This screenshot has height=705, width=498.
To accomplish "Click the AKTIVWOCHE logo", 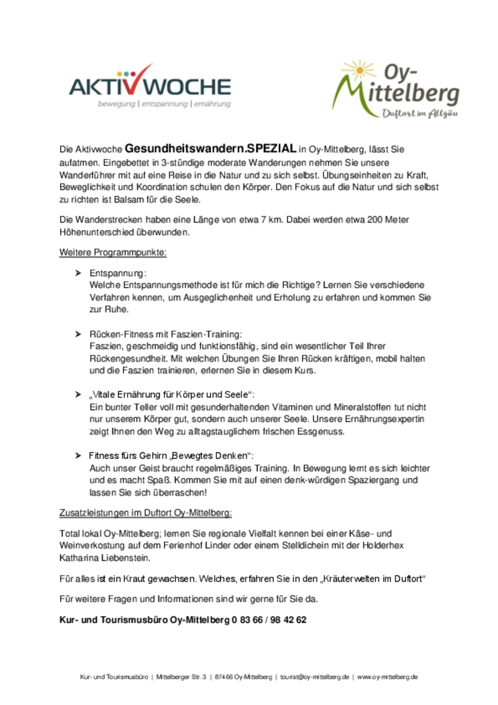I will click(150, 86).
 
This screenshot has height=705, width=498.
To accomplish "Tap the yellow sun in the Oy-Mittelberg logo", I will click(360, 70).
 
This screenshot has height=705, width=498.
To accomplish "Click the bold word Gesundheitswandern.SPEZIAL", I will click(210, 149).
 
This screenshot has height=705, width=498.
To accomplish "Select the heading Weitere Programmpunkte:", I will click(113, 253).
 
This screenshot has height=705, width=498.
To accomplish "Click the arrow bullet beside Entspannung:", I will click(78, 273).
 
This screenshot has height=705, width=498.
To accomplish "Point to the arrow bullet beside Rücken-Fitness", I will click(78, 334).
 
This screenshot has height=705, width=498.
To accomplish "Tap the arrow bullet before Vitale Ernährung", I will click(78, 394).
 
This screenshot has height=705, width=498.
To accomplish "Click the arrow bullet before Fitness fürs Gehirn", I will click(78, 456).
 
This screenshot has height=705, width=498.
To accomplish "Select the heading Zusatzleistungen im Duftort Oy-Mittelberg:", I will click(145, 513).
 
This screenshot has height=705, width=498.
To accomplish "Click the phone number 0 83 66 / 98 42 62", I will click(269, 620).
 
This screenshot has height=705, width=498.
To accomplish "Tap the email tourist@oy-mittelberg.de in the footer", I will click(314, 677).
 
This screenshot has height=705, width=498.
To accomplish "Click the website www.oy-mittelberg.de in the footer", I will click(387, 677).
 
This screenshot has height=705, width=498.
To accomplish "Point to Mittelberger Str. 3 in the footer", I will click(181, 677).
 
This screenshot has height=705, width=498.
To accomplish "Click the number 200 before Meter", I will click(375, 220).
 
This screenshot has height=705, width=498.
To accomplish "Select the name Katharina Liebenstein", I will click(104, 558).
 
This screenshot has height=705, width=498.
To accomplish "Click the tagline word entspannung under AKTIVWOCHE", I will click(165, 104).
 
